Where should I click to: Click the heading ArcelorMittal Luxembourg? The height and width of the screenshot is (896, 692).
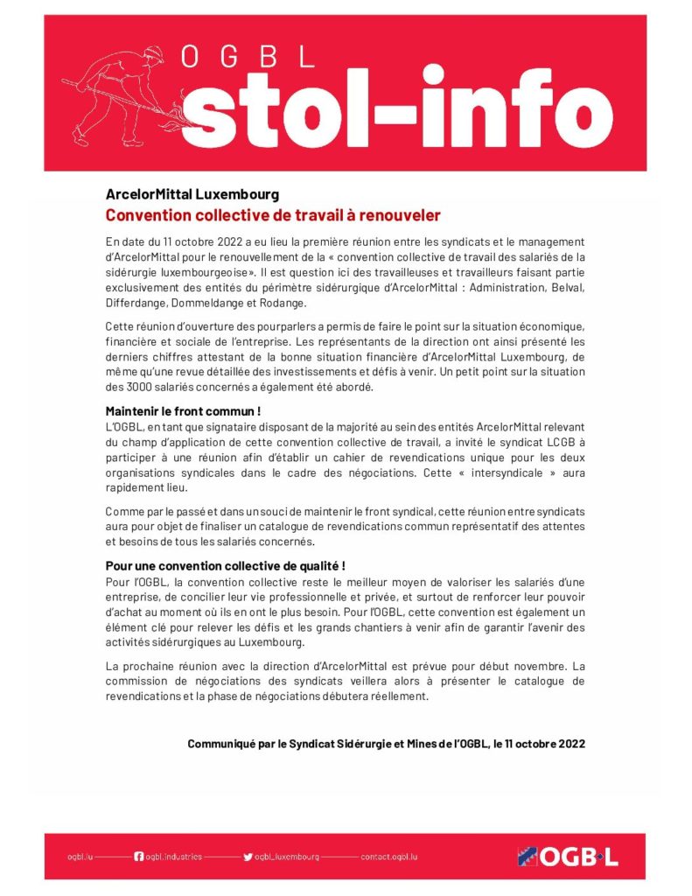pyautogui.click(x=192, y=195)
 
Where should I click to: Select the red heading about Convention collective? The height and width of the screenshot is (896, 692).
pyautogui.click(x=273, y=215)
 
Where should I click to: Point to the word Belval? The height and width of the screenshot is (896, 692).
pyautogui.click(x=565, y=289)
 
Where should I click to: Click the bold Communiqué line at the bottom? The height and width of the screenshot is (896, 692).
pyautogui.click(x=386, y=744)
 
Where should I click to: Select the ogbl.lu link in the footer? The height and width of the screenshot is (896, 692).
pyautogui.click(x=80, y=856)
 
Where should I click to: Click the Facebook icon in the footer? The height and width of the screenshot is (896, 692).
pyautogui.click(x=138, y=856)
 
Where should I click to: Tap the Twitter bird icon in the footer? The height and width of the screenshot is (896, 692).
pyautogui.click(x=248, y=856)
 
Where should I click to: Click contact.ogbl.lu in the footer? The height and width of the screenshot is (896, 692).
pyautogui.click(x=389, y=856)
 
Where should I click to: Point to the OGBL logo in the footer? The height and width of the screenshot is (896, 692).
pyautogui.click(x=568, y=857)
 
